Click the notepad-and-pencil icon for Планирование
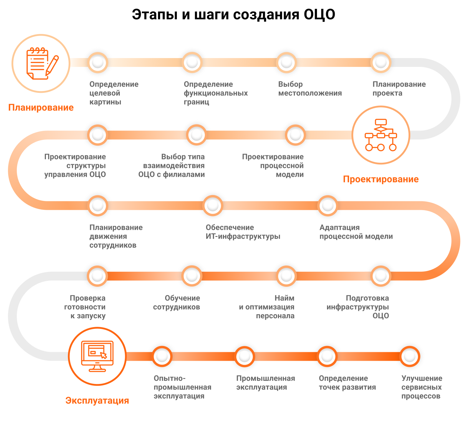point(41,63)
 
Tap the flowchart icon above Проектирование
point(381,135)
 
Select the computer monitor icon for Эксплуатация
point(97,356)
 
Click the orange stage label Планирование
point(41,108)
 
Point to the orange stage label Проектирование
point(381,179)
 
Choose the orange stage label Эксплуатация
point(97,400)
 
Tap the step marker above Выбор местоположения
point(286,62)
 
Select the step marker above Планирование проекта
point(381,62)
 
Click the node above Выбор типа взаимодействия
point(197,135)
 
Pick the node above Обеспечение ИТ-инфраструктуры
point(213,205)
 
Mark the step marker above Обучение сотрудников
point(192,276)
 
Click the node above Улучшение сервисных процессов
point(409,356)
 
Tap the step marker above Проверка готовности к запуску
point(97,276)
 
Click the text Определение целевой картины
point(114,93)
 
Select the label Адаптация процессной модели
point(356,232)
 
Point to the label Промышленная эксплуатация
point(265,383)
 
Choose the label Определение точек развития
point(347,383)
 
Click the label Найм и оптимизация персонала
point(267,307)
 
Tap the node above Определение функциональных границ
point(192,62)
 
